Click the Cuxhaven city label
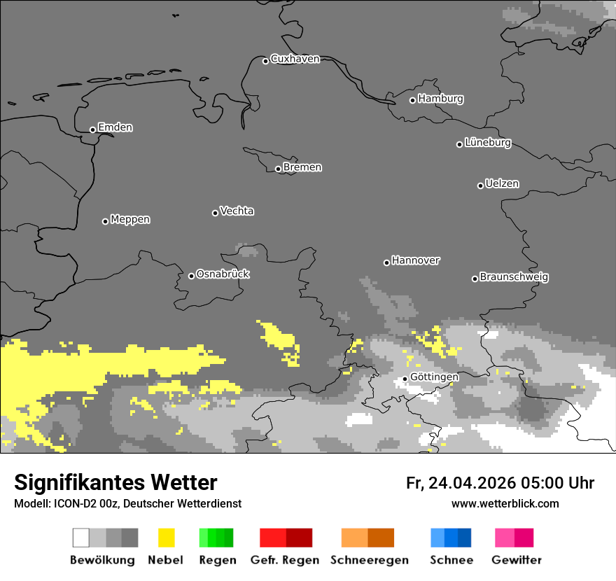click(295, 59)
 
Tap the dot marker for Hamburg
click(413, 100)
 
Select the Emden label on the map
click(115, 127)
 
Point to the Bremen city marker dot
click(278, 169)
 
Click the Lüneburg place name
click(488, 143)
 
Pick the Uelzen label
click(502, 184)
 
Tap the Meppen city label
click(130, 220)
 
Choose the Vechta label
click(237, 211)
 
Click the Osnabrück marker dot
click(191, 276)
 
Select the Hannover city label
click(416, 260)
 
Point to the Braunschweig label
click(514, 277)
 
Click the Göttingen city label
click(434, 377)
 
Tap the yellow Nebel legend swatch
click(166, 538)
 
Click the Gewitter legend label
click(517, 560)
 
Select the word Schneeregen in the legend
click(370, 560)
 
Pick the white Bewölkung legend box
click(81, 538)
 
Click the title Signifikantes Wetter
click(115, 482)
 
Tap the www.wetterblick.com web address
click(505, 504)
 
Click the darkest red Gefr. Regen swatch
click(299, 538)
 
